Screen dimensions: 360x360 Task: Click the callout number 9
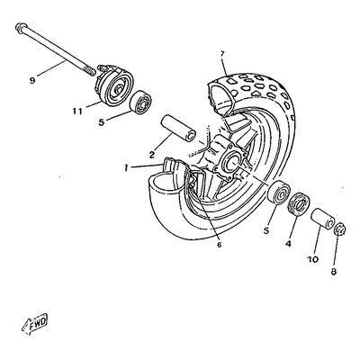click(x=32, y=80)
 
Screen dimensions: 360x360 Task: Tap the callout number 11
click(x=76, y=112)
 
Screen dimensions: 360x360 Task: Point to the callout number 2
click(x=152, y=155)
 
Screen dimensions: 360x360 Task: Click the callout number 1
click(x=127, y=168)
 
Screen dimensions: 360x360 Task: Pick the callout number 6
click(x=219, y=245)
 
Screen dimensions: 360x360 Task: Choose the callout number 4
click(x=288, y=244)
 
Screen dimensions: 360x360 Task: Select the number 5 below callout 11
click(x=102, y=122)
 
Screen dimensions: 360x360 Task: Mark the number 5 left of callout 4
click(x=266, y=230)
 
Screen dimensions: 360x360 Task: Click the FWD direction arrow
click(x=35, y=323)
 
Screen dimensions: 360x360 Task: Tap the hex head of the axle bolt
click(x=20, y=27)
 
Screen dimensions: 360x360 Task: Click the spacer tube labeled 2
click(x=178, y=128)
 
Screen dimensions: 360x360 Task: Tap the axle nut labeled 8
click(x=340, y=230)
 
